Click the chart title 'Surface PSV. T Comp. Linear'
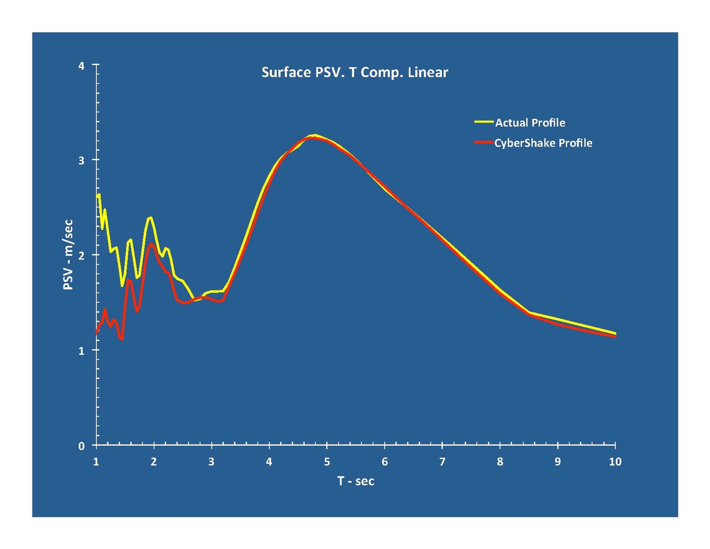(355, 72)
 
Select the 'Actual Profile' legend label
(530, 123)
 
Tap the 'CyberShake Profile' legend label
(543, 143)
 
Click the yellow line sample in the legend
(484, 122)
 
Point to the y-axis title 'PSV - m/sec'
(68, 255)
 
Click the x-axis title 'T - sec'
(355, 481)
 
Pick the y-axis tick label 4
(81, 65)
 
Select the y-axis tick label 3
(81, 160)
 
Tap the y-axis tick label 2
(81, 255)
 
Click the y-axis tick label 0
(81, 446)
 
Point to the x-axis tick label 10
(615, 462)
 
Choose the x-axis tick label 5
(327, 462)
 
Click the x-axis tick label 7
(442, 462)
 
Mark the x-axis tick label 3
(211, 462)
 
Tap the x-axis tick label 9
(557, 462)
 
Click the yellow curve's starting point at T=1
(97, 196)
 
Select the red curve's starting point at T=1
(97, 334)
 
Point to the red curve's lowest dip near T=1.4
(122, 339)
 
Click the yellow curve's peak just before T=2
(150, 217)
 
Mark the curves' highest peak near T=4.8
(314, 136)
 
